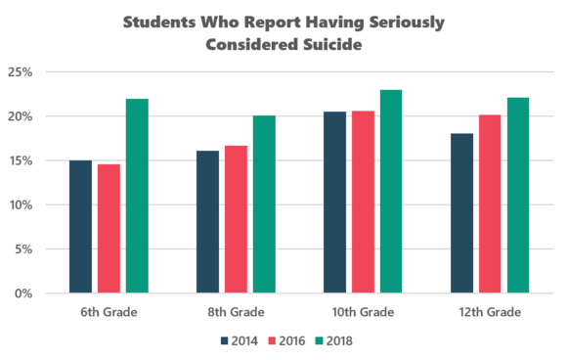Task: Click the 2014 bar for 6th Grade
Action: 80,227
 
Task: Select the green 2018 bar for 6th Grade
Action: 137,196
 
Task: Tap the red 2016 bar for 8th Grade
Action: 235,219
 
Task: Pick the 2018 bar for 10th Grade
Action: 391,192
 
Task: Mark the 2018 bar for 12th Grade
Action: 518,196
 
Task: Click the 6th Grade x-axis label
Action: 109,313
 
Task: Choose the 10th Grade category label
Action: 363,313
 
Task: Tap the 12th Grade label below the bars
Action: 490,313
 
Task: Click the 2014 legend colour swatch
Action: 226,341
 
